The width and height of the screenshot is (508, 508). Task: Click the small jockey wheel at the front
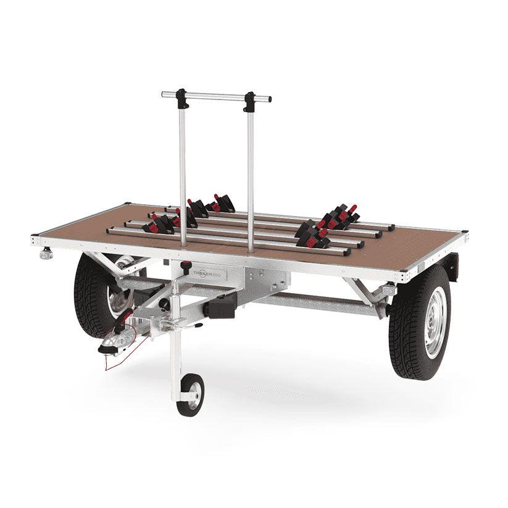190,394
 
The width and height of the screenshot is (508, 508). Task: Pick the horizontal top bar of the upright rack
216,97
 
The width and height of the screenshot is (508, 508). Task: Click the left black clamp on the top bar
182,98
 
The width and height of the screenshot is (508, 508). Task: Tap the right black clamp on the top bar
249,101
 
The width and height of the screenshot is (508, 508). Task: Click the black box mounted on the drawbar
220,306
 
